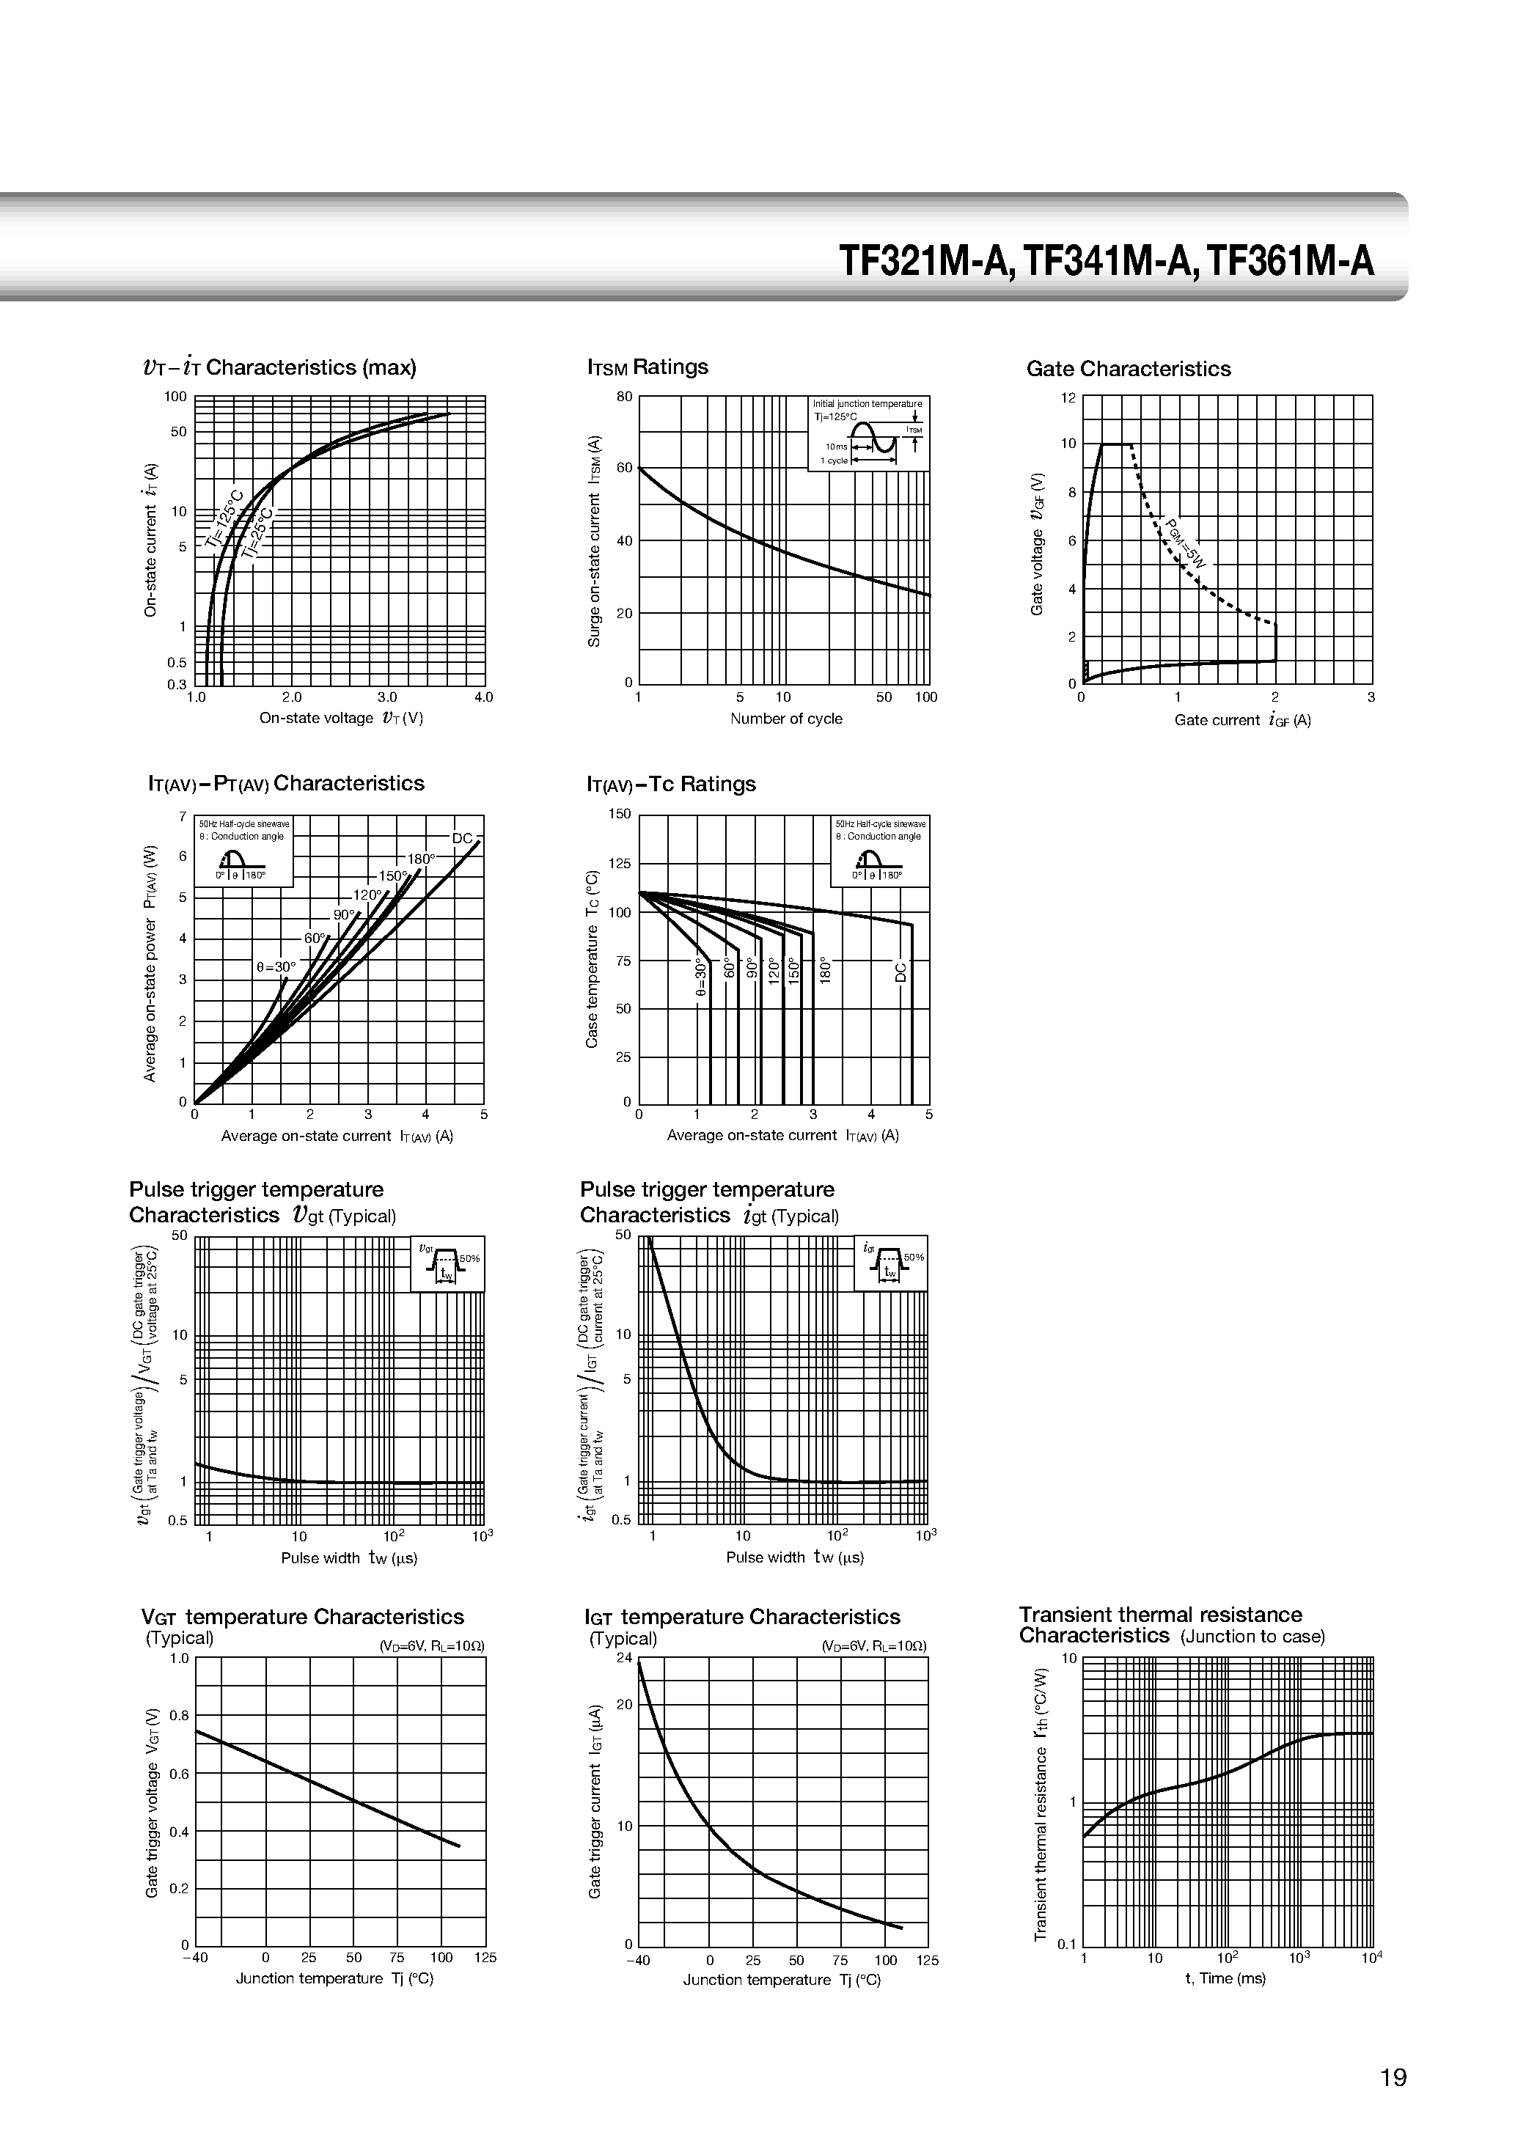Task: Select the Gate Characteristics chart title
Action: [x=1129, y=369]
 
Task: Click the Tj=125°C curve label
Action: [x=224, y=518]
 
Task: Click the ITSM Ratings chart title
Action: [x=648, y=367]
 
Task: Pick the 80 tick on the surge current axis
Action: [x=624, y=397]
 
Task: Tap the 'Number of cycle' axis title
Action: [x=785, y=719]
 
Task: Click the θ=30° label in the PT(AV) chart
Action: [x=276, y=967]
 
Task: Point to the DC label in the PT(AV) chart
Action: [x=462, y=839]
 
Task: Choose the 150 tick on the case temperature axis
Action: [x=619, y=815]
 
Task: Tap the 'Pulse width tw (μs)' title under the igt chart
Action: [x=795, y=1557]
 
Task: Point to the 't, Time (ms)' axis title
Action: [x=1225, y=1979]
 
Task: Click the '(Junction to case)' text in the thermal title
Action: [x=1252, y=1637]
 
